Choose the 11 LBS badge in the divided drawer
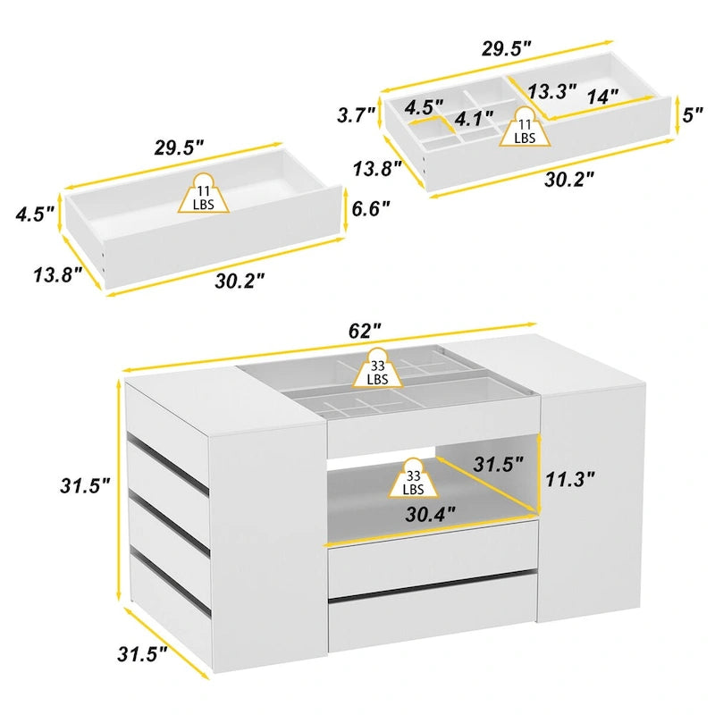click(x=525, y=130)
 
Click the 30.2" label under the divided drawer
click(x=570, y=179)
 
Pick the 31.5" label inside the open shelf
click(x=498, y=466)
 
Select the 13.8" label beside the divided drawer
click(x=379, y=167)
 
